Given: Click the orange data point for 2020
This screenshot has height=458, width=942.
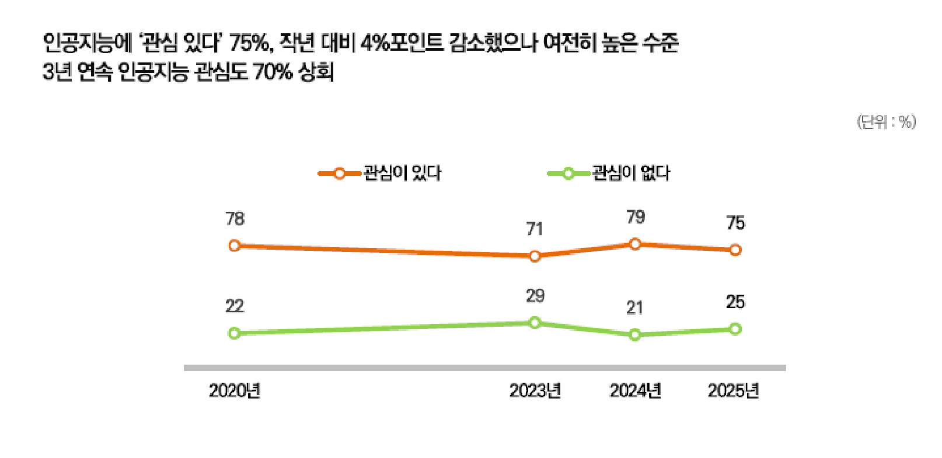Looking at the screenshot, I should [235, 246].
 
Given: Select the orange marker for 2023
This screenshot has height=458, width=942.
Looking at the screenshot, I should [535, 256].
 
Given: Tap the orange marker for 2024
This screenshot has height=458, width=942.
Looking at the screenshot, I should [635, 244].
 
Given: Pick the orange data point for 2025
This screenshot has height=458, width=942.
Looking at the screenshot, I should [735, 250].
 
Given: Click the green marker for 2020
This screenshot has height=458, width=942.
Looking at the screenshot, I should [235, 333].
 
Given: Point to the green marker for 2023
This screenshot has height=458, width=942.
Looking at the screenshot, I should [535, 323].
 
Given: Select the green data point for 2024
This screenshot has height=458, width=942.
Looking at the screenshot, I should [635, 335].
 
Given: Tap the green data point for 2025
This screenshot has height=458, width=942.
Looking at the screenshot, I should [735, 329].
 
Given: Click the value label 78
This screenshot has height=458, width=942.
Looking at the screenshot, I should [235, 219].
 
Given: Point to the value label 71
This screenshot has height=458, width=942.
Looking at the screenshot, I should [535, 229].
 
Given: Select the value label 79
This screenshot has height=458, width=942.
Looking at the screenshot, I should [635, 217].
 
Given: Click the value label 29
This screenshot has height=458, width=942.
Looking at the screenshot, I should [535, 296].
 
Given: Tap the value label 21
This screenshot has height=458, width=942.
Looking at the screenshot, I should [635, 307].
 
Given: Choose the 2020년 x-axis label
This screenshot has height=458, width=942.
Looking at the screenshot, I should [235, 390].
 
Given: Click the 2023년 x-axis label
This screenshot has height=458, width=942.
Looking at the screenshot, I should [535, 390].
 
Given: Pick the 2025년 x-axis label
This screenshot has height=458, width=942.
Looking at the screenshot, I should [734, 390].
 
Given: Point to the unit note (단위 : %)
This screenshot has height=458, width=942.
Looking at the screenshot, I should [886, 121].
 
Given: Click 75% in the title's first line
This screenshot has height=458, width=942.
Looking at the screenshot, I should [249, 42].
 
